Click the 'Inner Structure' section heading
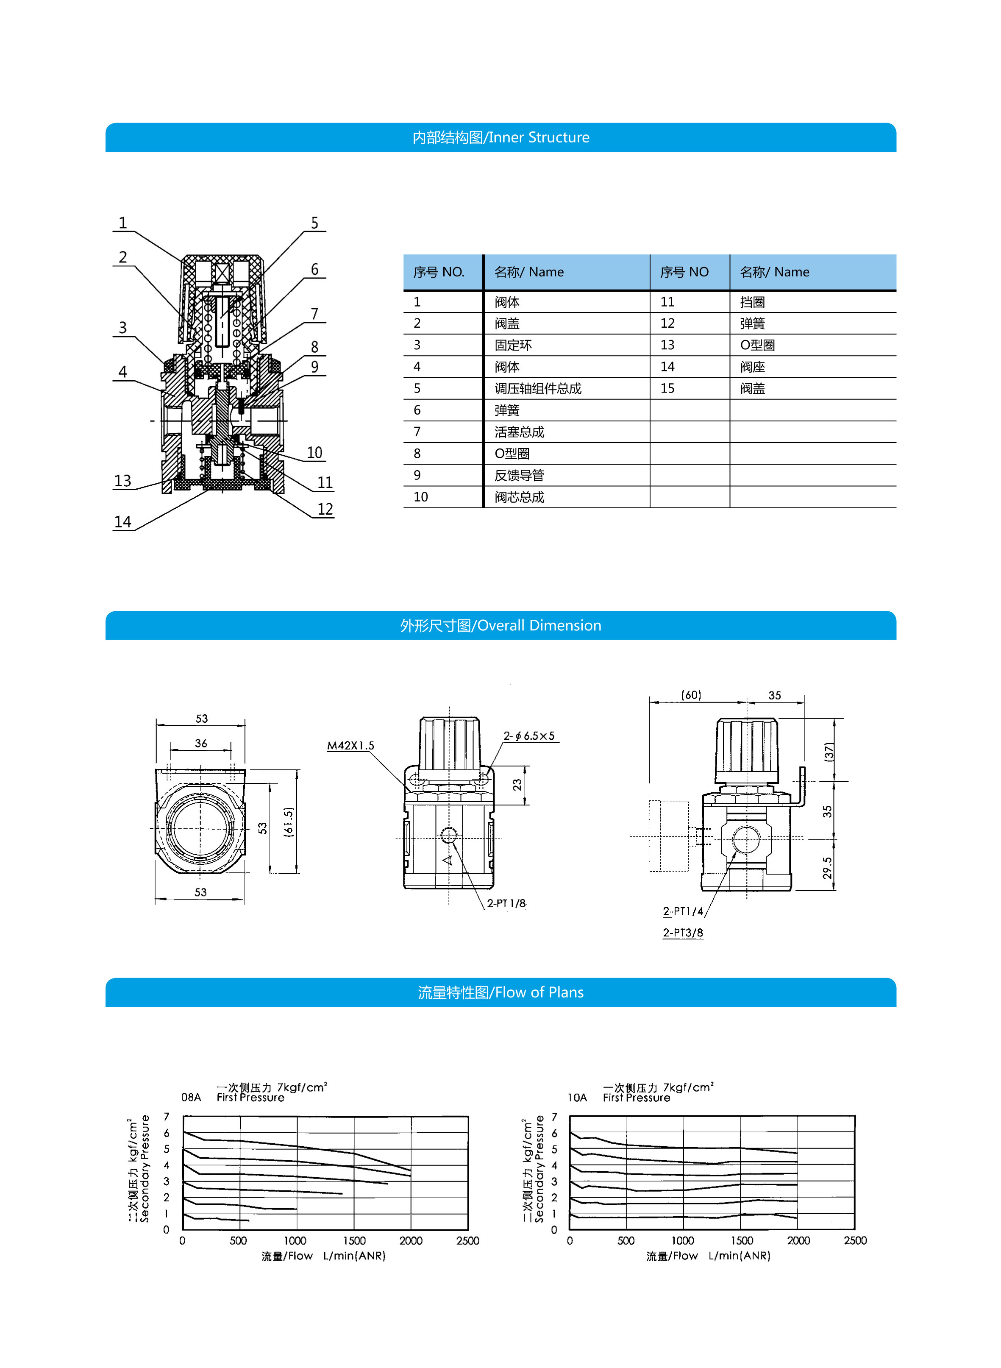pyautogui.click(x=500, y=138)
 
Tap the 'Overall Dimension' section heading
pyautogui.click(x=500, y=626)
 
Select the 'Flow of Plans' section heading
pyautogui.click(x=500, y=992)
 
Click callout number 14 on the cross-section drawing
pyautogui.click(x=122, y=522)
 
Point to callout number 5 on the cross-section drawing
pyautogui.click(x=314, y=223)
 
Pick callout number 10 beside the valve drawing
pyautogui.click(x=314, y=453)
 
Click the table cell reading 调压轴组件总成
pyautogui.click(x=537, y=388)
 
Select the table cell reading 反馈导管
pyautogui.click(x=519, y=475)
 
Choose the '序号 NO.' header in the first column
pyautogui.click(x=439, y=272)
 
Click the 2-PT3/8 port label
pyautogui.click(x=683, y=932)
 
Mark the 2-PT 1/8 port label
pyautogui.click(x=506, y=903)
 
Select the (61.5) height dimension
pyautogui.click(x=289, y=822)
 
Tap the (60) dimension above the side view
pyautogui.click(x=691, y=695)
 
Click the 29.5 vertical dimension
pyautogui.click(x=827, y=868)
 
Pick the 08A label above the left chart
pyautogui.click(x=191, y=1097)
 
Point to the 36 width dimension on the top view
pyautogui.click(x=201, y=743)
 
